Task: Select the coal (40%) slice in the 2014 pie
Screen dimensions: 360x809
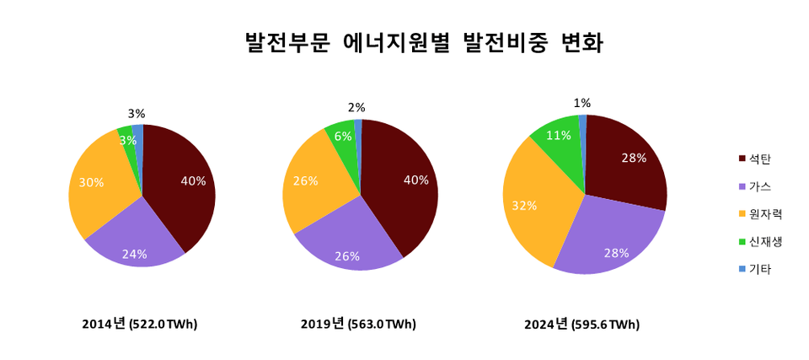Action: coord(181,185)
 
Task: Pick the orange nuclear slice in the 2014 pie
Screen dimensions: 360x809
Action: coord(97,190)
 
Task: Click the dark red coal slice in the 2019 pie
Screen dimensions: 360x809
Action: coord(400,185)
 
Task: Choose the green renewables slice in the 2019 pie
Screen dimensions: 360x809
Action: coord(341,139)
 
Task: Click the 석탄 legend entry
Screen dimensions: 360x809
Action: coord(759,159)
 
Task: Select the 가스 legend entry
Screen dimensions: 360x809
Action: coord(759,186)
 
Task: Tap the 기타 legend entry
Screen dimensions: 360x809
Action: coord(759,270)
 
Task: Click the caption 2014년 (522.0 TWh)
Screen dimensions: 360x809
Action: coord(140,324)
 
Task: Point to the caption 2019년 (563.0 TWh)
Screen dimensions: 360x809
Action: coord(358,324)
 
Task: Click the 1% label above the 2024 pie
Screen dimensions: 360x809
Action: coord(581,103)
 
